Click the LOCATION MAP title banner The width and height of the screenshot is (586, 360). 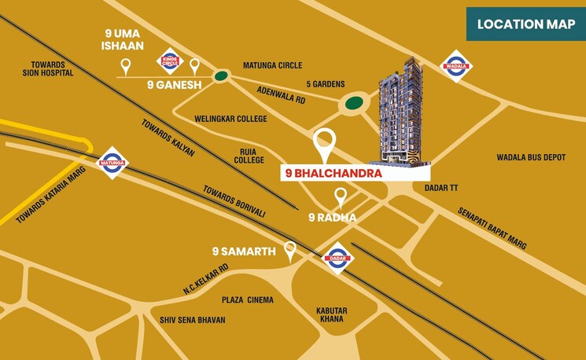525,24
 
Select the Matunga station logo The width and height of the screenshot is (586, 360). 111,163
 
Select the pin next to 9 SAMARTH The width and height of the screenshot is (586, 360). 290,251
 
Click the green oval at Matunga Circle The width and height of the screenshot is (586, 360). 221,76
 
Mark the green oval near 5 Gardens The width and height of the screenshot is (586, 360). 355,102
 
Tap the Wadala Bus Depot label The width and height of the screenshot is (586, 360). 531,157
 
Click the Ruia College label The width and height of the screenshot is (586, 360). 249,155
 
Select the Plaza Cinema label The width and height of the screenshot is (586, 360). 247,299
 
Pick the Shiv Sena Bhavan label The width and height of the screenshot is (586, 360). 193,320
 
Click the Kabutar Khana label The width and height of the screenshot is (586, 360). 332,314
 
